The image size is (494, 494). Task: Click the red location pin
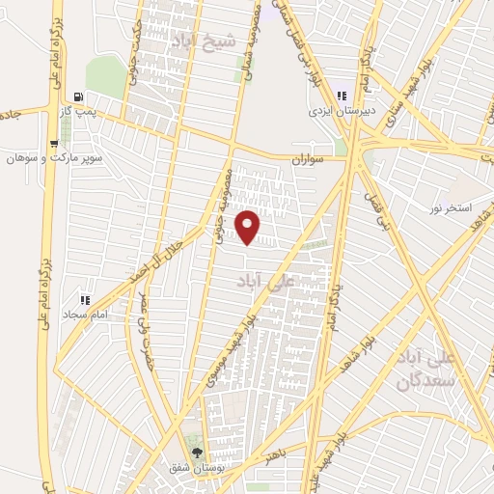(x=249, y=228)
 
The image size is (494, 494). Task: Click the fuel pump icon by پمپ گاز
(x=77, y=96)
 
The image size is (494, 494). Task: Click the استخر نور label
(x=450, y=208)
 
